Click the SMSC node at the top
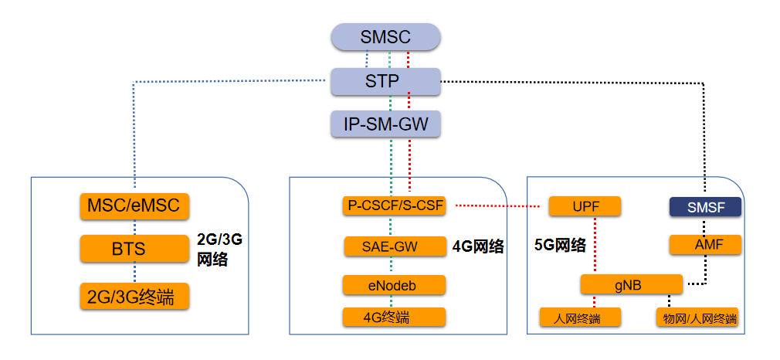[385, 37]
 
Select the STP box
[385, 81]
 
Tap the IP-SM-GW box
[385, 124]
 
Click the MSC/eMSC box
[134, 206]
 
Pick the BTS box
[134, 250]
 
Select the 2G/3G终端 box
[134, 296]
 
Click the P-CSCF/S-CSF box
[394, 206]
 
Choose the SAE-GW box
[394, 246]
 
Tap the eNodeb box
[394, 285]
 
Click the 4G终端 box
[394, 318]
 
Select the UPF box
[585, 206]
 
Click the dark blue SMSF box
[704, 206]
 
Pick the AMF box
[704, 246]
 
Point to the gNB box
[631, 284]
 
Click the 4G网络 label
[478, 247]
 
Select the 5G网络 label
[560, 246]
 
